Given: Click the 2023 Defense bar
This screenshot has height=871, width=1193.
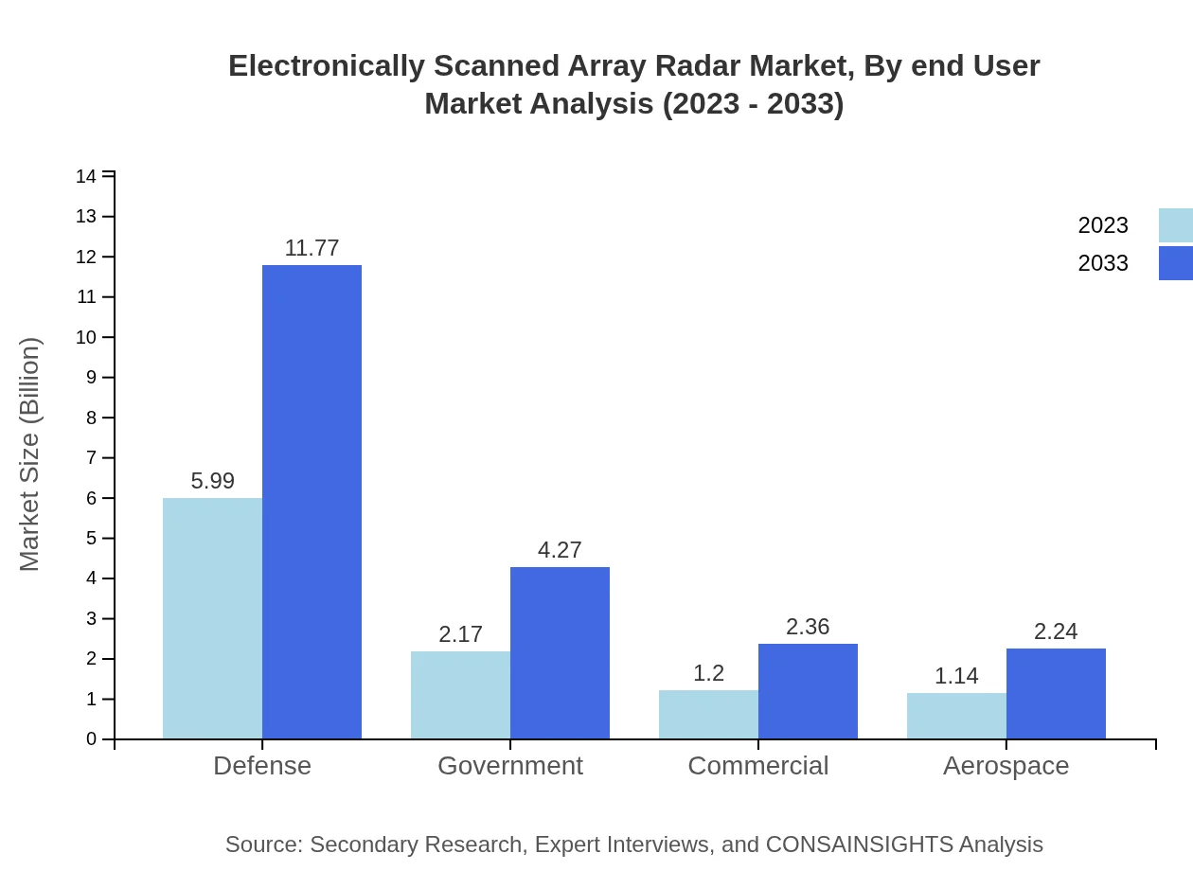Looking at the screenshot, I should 212,618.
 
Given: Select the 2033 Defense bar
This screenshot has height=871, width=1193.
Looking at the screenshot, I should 312,502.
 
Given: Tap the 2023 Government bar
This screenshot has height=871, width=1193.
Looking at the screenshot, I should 460,695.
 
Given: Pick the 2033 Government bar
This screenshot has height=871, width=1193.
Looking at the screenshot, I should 560,653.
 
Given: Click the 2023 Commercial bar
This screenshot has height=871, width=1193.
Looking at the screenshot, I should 708,715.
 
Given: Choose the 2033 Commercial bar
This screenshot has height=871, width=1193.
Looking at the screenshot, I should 808,691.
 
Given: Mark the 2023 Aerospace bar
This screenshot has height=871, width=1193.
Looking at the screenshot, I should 956,716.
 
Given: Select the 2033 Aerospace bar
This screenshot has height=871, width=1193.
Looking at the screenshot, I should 1056,694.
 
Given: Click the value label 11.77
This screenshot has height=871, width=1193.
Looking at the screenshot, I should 312,248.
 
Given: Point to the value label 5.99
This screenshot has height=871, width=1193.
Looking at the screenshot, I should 212,481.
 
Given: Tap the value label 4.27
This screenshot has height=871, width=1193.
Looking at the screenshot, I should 560,550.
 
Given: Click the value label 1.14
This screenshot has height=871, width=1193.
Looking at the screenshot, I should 956,676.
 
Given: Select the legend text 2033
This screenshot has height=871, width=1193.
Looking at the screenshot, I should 1103,263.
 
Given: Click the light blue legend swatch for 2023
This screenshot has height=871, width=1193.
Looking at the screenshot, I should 1175,225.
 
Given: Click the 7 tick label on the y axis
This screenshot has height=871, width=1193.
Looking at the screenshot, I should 91,458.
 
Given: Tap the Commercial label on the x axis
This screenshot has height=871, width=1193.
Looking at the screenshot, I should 757,765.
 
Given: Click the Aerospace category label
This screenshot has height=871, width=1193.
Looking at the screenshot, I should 1006,765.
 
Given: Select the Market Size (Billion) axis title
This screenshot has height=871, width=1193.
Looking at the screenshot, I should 30,454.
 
